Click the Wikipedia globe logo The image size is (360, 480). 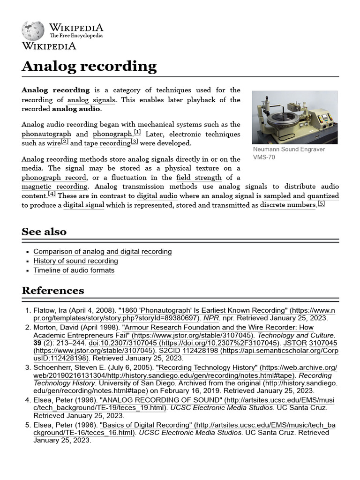tap(32, 30)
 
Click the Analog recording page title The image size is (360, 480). tap(89, 66)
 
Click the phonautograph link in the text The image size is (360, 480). tap(44, 134)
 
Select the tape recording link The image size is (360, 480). tap(106, 143)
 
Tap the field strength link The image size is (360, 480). tap(199, 178)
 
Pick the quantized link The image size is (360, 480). tap(323, 196)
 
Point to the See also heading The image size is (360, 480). tap(44, 232)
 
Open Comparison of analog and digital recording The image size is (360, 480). tap(102, 252)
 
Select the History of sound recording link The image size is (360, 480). tap(75, 261)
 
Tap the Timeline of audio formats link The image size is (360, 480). tap(74, 270)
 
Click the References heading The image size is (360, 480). tap(53, 290)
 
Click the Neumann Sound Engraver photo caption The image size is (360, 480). tap(288, 153)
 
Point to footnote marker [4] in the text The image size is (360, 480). tap(52, 194)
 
